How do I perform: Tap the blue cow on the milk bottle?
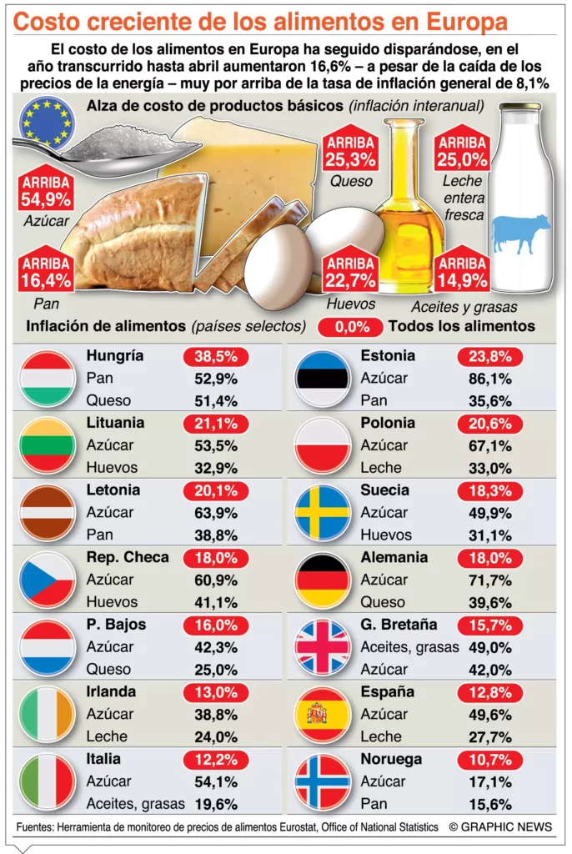pos(521,233)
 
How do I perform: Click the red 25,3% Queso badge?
pos(350,151)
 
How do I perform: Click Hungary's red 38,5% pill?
pos(215,356)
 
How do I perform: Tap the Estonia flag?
pos(322,379)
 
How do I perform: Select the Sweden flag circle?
pos(322,513)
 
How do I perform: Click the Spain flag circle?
pos(322,714)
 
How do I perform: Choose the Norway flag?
pos(322,781)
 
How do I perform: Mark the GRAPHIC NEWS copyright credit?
pos(499,826)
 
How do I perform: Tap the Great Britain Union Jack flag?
pos(322,647)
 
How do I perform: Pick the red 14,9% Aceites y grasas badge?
pos(461,271)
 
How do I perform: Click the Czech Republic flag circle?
pos(48,580)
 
